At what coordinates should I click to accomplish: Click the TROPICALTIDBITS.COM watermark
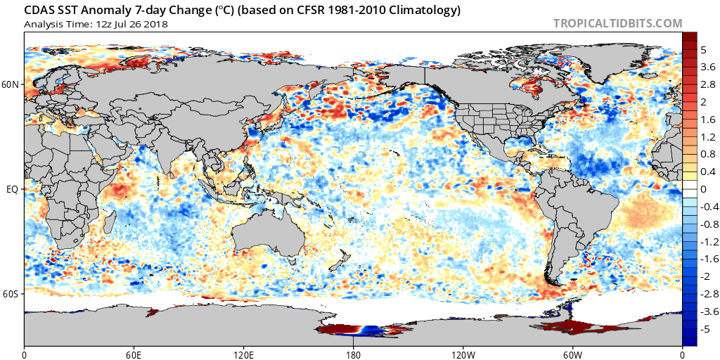click(617, 23)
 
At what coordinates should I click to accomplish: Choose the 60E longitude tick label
click(134, 354)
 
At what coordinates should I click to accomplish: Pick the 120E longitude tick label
click(243, 354)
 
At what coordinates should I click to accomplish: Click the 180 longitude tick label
click(353, 354)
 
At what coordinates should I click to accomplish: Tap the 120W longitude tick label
click(463, 354)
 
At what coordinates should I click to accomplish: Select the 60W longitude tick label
click(572, 354)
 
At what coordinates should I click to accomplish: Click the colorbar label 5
click(702, 51)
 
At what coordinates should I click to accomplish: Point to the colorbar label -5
click(704, 327)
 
